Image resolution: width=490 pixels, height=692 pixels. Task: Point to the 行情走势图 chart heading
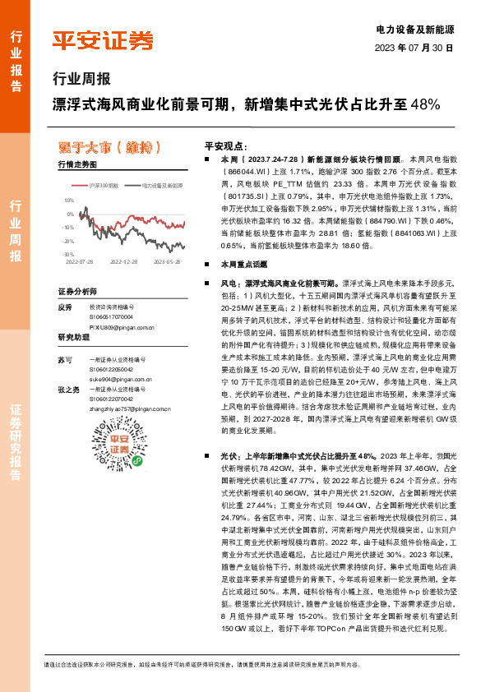[78, 165]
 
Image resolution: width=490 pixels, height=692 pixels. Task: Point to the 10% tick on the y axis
[69, 200]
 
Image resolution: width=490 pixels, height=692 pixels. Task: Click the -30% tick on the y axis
[68, 255]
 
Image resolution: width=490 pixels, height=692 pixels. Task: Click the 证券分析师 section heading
[78, 292]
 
